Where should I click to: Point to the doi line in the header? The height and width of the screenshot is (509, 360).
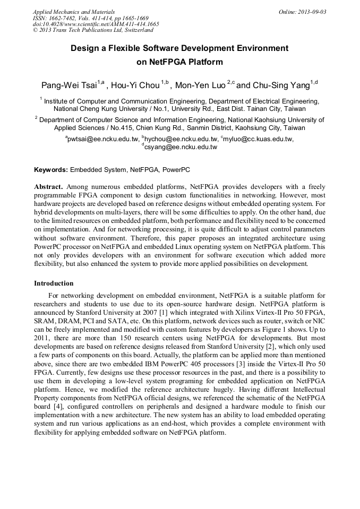(x=96, y=24)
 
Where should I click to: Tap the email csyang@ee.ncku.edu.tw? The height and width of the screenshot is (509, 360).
(x=181, y=147)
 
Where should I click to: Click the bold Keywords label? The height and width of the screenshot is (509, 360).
(x=51, y=170)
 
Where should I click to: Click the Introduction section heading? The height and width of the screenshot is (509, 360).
(x=54, y=283)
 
